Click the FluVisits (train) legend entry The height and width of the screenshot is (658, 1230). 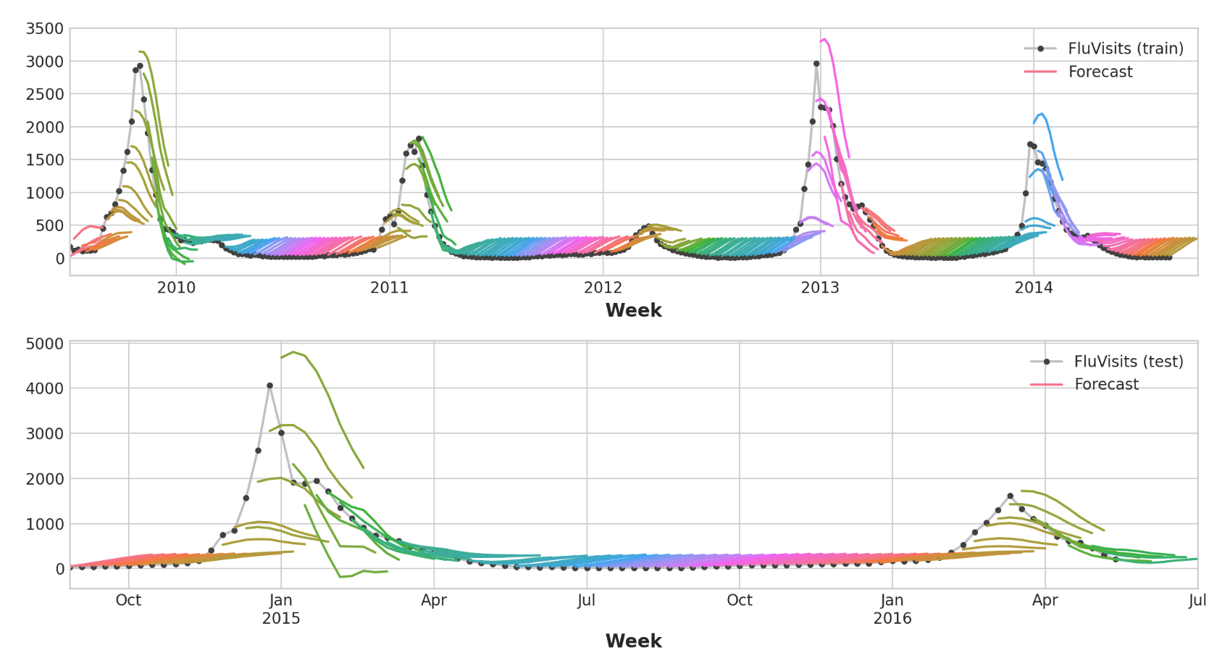point(1125,49)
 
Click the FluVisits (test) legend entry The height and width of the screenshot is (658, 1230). point(1128,362)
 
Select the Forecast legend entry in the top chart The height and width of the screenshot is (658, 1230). point(1100,72)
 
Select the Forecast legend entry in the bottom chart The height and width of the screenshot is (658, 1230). point(1105,384)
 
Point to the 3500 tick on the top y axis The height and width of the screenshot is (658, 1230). point(45,29)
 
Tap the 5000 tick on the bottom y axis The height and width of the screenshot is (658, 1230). point(45,343)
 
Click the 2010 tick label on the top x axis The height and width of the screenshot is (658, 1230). point(176,288)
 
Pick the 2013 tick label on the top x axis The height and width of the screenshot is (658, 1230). point(820,288)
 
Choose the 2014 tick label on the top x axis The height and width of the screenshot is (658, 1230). point(1034,288)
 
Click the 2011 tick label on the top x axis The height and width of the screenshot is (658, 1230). point(390,288)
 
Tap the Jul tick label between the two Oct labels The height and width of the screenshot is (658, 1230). point(587,600)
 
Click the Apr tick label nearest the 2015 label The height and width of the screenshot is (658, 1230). point(434,600)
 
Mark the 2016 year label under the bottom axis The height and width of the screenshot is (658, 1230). point(892,618)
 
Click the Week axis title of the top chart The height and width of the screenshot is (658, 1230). point(633,310)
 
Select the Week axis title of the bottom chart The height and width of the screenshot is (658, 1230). point(633,641)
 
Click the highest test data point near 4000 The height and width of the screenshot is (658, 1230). point(269,386)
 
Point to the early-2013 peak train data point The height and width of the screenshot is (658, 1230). point(816,64)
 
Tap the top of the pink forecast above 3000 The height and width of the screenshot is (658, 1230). point(824,39)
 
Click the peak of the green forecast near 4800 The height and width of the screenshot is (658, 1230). point(293,352)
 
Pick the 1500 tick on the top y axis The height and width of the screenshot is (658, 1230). point(45,160)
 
